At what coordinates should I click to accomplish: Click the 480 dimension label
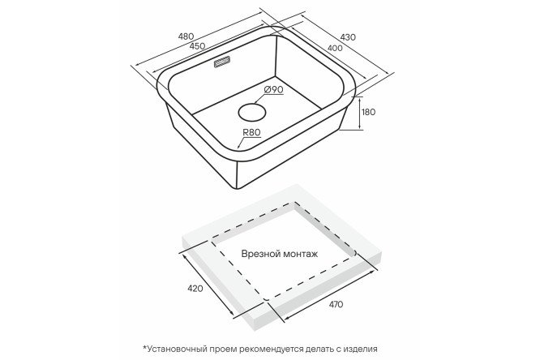[186, 36]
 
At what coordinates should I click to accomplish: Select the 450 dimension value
[197, 46]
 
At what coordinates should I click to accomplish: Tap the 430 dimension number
[348, 36]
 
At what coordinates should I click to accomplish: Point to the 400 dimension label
[335, 48]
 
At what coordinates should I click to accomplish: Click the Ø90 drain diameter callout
[274, 89]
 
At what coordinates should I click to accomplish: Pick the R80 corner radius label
[251, 132]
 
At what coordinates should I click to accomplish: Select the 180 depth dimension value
[369, 112]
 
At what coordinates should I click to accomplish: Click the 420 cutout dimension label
[196, 288]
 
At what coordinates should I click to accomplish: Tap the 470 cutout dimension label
[336, 305]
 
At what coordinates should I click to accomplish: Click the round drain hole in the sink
[252, 112]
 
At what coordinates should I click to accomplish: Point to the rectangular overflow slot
[222, 62]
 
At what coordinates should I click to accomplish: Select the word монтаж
[300, 255]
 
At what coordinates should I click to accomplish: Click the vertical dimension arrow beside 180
[359, 114]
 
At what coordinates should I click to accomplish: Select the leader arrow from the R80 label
[242, 142]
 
